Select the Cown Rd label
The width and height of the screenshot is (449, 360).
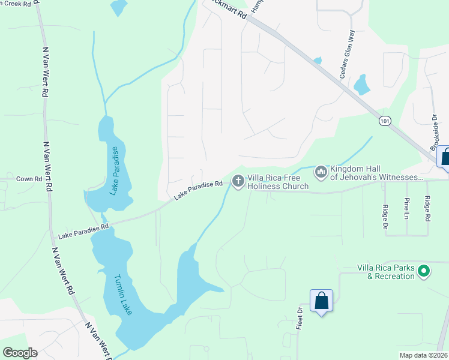click(29, 179)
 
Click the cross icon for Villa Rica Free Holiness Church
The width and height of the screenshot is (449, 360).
click(238, 180)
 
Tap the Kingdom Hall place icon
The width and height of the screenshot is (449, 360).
click(321, 173)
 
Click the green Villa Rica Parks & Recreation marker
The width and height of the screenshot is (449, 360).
click(424, 271)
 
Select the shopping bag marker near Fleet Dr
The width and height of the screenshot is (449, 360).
click(321, 301)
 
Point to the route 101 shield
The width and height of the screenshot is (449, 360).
click(385, 121)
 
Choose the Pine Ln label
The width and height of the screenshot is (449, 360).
click(406, 208)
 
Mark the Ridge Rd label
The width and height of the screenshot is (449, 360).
click(427, 208)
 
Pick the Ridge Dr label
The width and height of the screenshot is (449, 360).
click(385, 217)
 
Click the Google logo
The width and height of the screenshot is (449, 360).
click(20, 353)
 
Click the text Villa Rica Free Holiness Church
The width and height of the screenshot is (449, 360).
click(277, 182)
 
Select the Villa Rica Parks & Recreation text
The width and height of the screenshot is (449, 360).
click(385, 272)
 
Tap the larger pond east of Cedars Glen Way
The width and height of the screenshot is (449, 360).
click(361, 85)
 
